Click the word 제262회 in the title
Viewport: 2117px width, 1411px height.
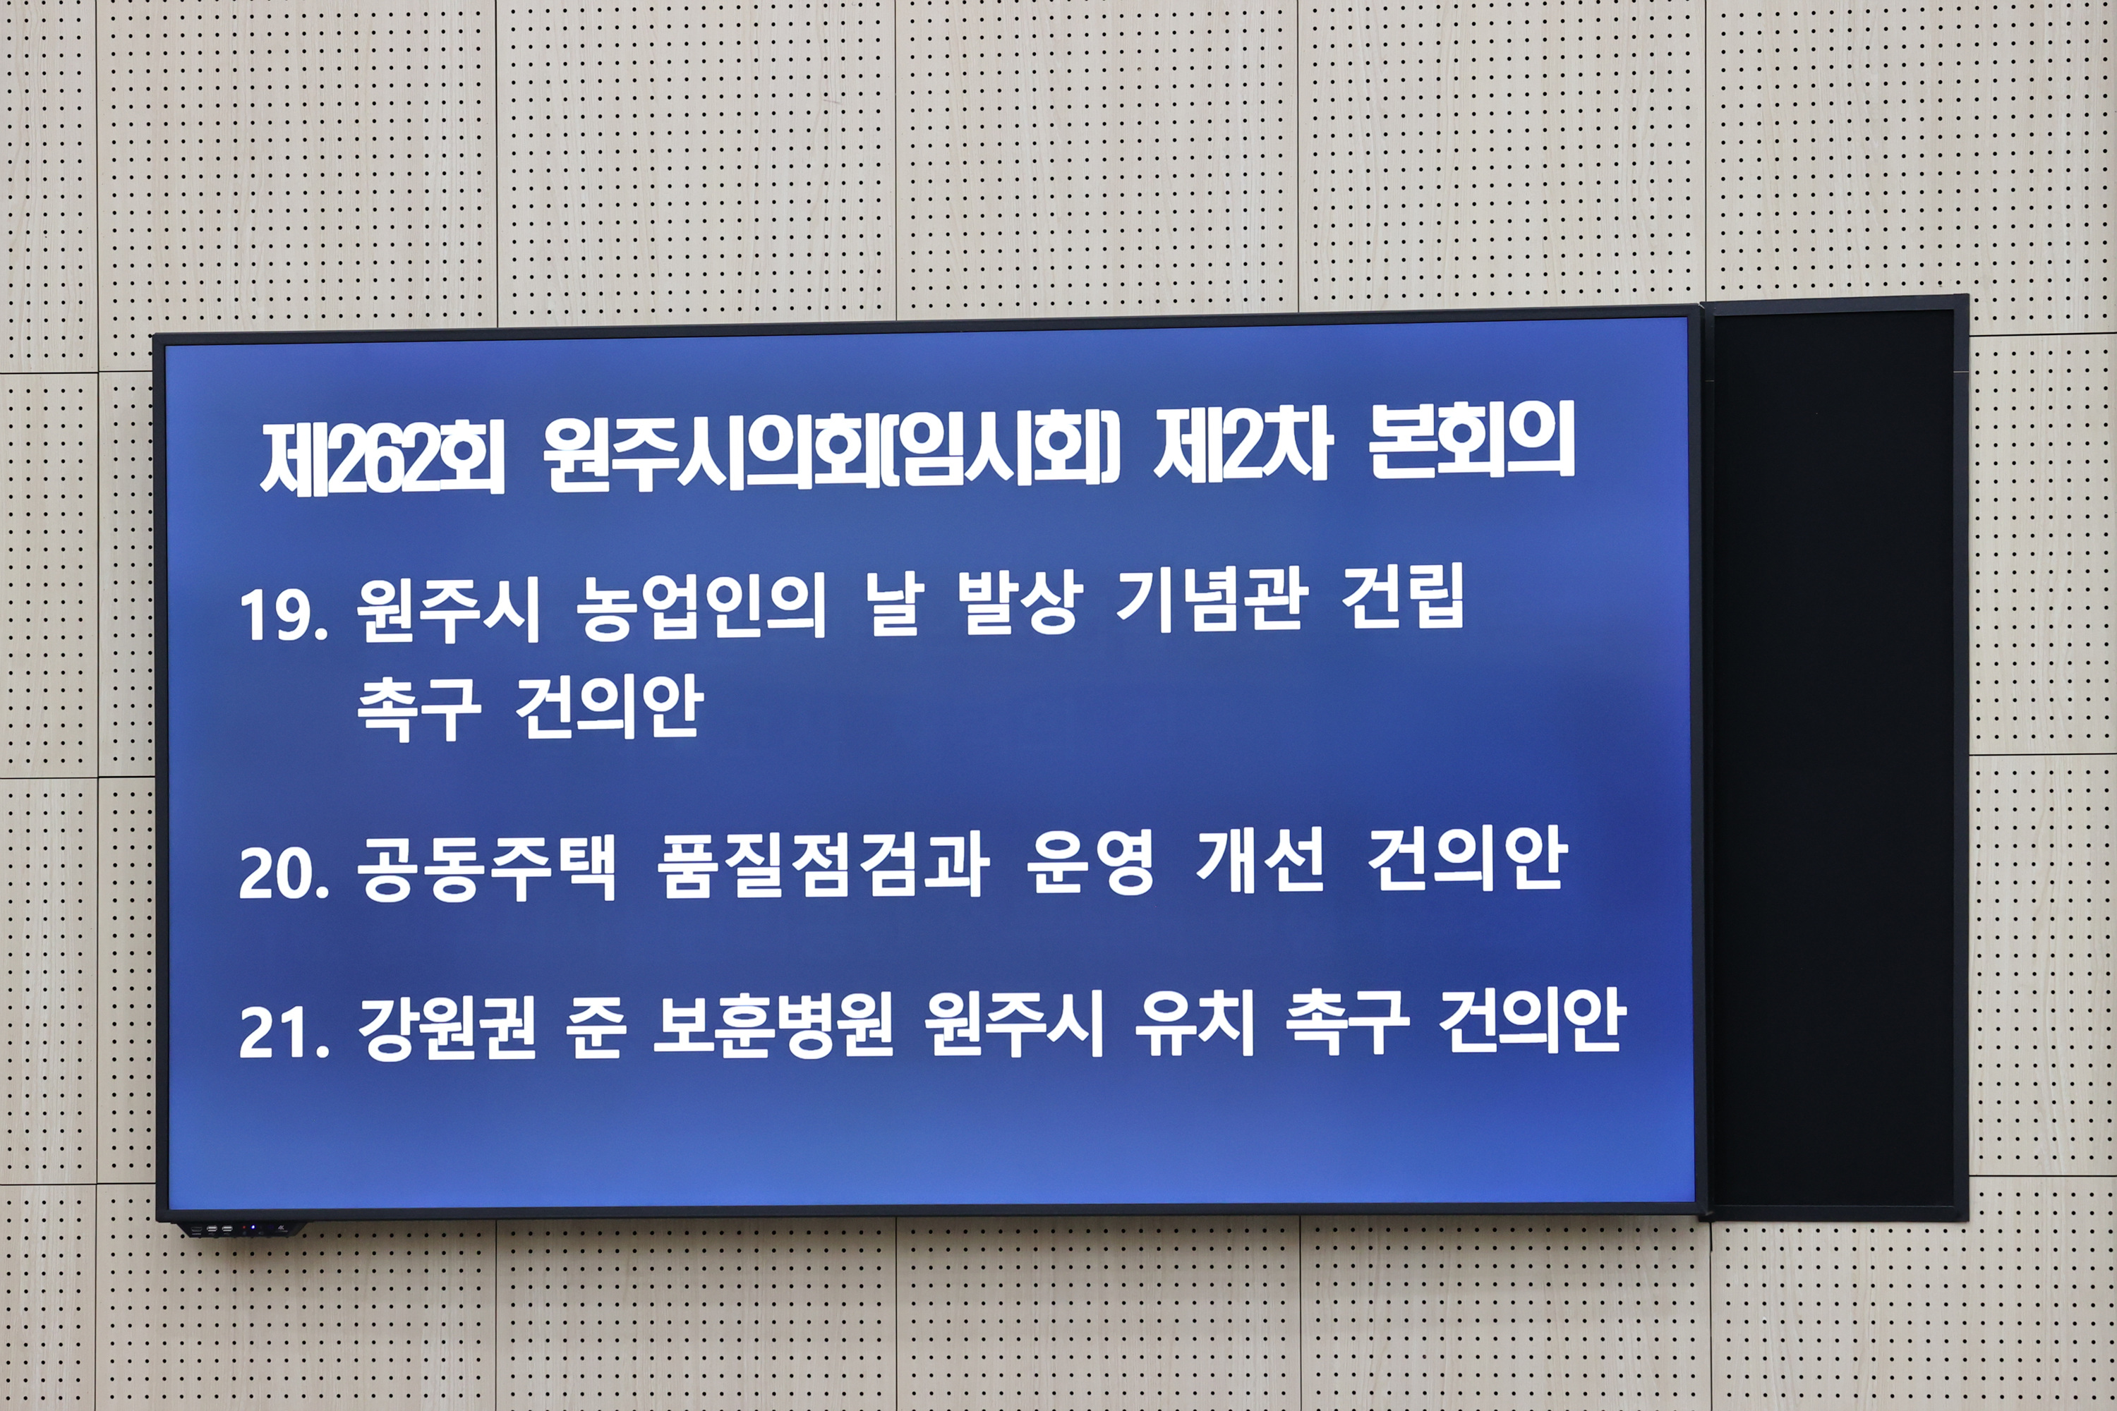(x=382, y=460)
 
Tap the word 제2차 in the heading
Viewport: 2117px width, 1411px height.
(x=1242, y=450)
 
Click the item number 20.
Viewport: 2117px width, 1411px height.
(x=283, y=873)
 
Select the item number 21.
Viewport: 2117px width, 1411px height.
(x=283, y=1032)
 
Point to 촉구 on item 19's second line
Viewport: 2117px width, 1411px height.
(x=418, y=709)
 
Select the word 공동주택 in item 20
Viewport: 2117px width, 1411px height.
(x=487, y=868)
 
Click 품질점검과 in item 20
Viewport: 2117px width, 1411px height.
(x=823, y=865)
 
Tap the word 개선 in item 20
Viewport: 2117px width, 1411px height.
(x=1260, y=861)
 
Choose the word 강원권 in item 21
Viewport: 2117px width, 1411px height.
(x=447, y=1029)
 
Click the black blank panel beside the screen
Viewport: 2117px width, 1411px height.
(x=1833, y=756)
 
